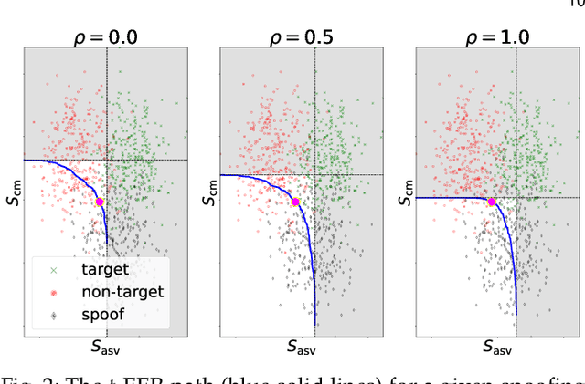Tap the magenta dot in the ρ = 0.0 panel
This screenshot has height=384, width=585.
point(100,202)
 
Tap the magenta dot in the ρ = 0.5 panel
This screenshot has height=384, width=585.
point(295,202)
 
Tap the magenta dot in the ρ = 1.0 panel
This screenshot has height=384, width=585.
point(491,202)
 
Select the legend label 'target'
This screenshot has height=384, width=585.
point(106,269)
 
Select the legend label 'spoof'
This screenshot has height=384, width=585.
point(104,316)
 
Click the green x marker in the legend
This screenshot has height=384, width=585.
point(52,270)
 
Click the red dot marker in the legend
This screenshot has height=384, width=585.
point(52,293)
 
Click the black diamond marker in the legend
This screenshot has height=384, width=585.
point(52,316)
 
